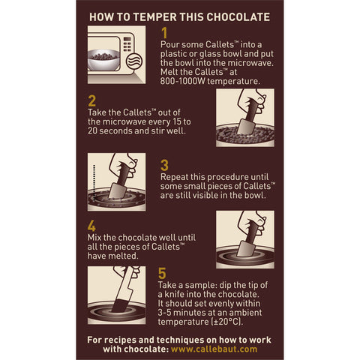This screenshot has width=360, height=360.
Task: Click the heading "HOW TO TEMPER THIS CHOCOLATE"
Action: (179, 16)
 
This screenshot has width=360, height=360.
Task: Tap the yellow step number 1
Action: (165, 33)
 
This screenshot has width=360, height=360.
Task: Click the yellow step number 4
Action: (91, 225)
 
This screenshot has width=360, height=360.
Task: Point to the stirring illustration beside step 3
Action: (117, 181)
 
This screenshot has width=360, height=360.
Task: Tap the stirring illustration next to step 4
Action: (244, 239)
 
